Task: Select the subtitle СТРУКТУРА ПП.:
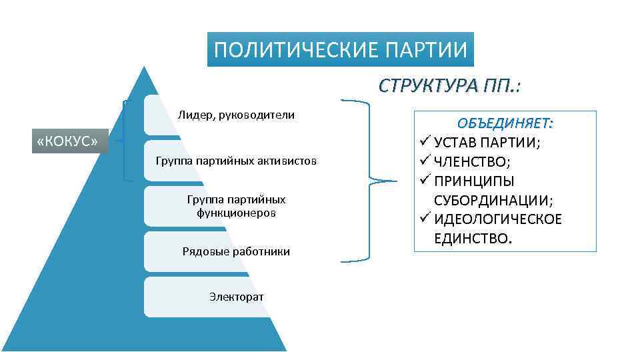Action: (450, 86)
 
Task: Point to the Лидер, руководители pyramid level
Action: (236, 115)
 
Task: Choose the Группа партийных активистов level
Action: (236, 161)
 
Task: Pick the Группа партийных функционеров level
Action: (236, 206)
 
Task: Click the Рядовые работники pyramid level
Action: (236, 251)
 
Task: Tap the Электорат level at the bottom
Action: (236, 295)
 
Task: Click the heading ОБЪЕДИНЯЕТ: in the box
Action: (505, 123)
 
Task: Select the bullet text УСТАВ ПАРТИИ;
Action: (487, 143)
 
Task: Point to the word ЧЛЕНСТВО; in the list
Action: (472, 162)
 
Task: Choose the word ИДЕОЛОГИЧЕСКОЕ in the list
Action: (498, 219)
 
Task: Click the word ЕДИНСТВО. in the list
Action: (474, 239)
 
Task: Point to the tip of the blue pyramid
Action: (143, 67)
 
